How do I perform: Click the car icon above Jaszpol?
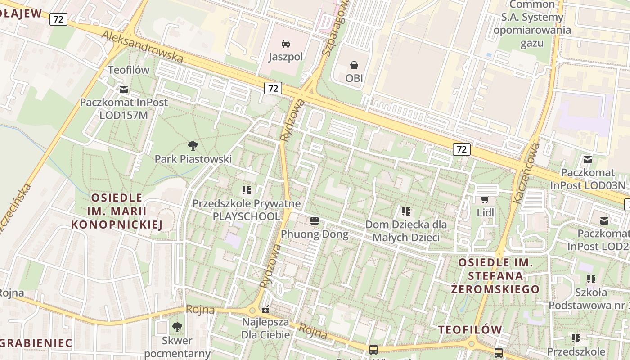click(x=285, y=44)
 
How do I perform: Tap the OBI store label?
click(x=354, y=78)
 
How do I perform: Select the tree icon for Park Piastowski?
click(x=193, y=145)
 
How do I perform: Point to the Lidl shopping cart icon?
click(x=485, y=199)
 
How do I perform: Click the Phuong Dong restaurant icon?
click(x=314, y=221)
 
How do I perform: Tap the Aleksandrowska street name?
click(x=142, y=46)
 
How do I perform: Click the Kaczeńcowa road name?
click(x=526, y=173)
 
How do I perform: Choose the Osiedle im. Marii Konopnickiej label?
click(x=117, y=211)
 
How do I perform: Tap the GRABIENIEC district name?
click(x=36, y=343)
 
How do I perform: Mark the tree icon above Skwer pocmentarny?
click(x=177, y=327)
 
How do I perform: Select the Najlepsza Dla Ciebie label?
click(x=265, y=328)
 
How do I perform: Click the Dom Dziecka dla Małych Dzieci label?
click(x=406, y=230)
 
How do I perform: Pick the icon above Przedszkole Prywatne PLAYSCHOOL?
click(x=246, y=190)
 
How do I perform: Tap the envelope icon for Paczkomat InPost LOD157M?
click(x=123, y=89)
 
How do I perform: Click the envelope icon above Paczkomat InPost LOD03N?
click(x=587, y=159)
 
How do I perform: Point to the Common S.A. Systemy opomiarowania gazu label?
click(x=532, y=24)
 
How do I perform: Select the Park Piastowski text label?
click(x=193, y=159)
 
